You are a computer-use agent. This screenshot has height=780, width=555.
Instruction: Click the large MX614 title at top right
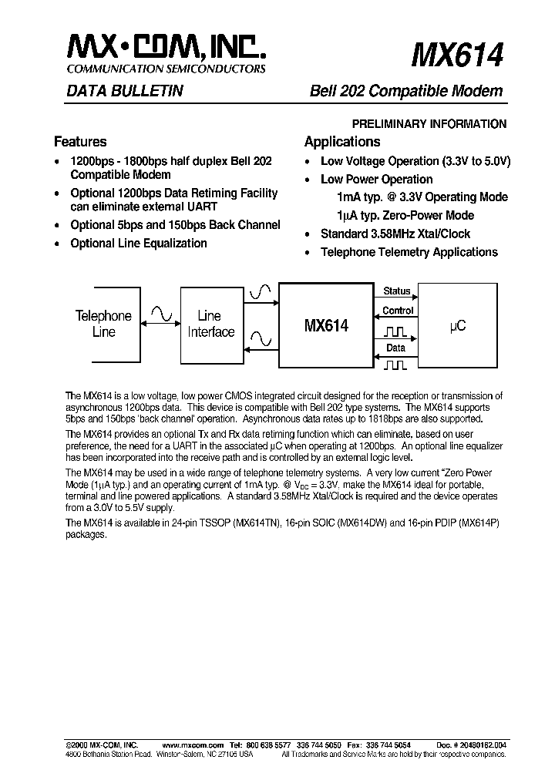coord(458,55)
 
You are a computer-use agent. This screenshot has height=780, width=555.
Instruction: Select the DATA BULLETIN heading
coord(118,91)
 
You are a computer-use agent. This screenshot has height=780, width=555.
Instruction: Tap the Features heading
coord(80,142)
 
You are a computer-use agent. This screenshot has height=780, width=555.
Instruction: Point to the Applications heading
coord(342,142)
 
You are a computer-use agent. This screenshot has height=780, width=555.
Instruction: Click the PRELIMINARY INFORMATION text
coord(429,123)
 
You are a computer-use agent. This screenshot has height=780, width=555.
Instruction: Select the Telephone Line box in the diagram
coord(103,323)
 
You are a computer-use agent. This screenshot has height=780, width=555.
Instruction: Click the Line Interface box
coord(210,324)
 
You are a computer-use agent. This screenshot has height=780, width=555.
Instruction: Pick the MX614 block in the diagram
coord(326,326)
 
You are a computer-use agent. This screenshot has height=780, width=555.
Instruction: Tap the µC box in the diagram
coord(457,326)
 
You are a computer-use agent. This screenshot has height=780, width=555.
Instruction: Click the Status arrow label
coord(397,291)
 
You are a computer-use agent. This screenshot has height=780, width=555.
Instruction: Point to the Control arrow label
coord(398,311)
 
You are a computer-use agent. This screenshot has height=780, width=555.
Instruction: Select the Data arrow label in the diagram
coord(396,348)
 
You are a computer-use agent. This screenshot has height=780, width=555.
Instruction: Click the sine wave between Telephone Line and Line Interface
coord(163,313)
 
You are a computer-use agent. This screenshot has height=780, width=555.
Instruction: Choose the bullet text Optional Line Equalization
coord(139,243)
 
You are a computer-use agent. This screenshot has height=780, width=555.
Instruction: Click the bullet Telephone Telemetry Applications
coord(409,252)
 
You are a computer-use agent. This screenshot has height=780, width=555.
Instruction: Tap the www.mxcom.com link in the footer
coord(193,745)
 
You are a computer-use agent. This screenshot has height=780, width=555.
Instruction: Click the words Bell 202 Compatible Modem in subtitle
coord(406,91)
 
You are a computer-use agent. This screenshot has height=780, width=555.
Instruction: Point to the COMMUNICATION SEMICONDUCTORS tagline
coord(167,69)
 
